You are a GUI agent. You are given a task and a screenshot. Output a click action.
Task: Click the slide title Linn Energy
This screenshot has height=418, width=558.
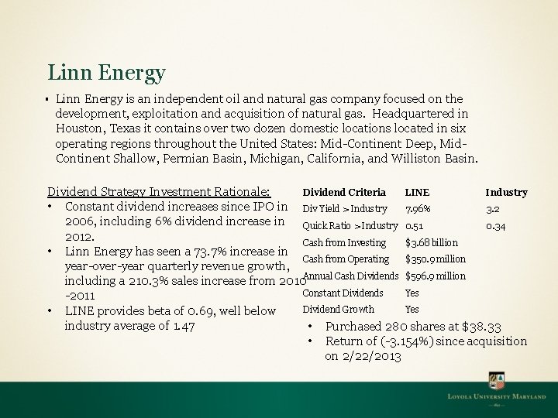[x=106, y=73]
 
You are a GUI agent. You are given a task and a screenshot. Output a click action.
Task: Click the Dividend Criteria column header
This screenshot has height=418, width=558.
[x=343, y=192]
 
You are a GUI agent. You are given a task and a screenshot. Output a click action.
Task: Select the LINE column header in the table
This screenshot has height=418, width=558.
[x=417, y=192]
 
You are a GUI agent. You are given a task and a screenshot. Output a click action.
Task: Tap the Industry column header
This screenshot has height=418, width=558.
[x=506, y=192]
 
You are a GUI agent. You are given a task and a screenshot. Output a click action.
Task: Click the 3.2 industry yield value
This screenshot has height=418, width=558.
[x=492, y=209]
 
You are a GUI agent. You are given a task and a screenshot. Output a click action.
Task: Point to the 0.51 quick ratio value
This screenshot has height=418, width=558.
[x=415, y=226]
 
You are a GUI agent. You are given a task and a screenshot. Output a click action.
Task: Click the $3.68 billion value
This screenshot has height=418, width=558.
[x=432, y=243]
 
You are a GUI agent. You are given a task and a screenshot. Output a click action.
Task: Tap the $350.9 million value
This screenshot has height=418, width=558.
[x=436, y=259]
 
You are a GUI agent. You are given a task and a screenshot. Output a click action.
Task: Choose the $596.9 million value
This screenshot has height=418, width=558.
[x=436, y=276]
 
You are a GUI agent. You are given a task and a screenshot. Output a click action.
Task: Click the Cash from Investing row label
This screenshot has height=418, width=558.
[x=343, y=243]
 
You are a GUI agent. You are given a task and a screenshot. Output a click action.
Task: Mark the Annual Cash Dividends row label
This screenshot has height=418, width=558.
[x=352, y=276]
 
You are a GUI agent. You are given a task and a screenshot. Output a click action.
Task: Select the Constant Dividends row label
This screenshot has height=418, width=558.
[x=343, y=293]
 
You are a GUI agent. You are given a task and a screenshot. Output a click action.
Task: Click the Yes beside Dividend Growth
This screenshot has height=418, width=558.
[x=412, y=310]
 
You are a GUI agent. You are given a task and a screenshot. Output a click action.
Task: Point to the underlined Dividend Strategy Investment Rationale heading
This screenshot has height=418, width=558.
[x=159, y=192]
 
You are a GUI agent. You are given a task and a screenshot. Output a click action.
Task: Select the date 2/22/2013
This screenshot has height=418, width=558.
[x=374, y=356]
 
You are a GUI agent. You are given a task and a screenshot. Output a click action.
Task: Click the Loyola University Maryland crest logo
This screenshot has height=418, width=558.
[x=497, y=382]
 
